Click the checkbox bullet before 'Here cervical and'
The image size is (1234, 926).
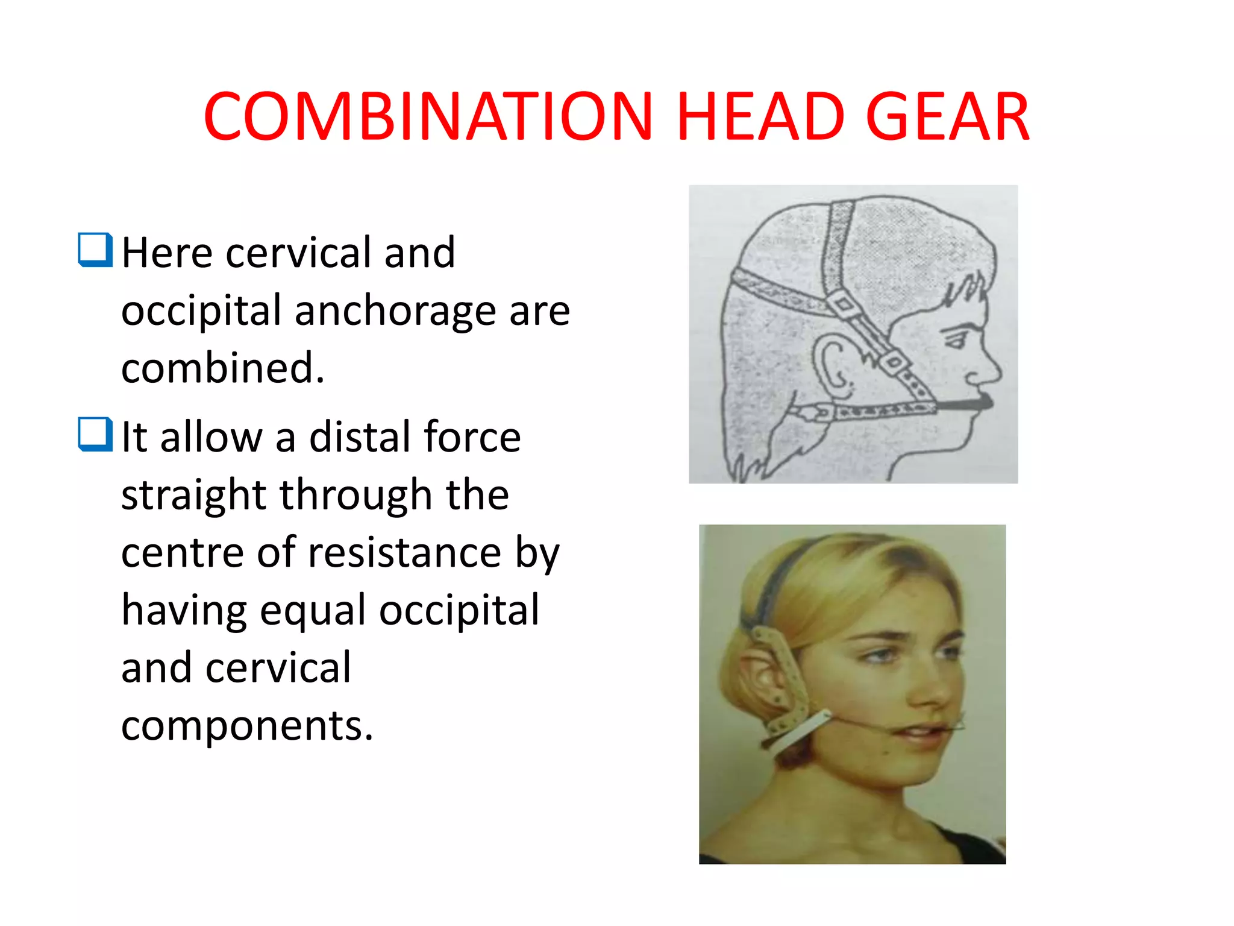pyautogui.click(x=95, y=250)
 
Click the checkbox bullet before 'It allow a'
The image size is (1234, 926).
pyautogui.click(x=95, y=434)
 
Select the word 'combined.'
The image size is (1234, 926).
pyautogui.click(x=223, y=368)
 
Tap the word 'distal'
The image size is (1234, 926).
pyautogui.click(x=359, y=436)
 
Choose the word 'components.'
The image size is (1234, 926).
pyautogui.click(x=247, y=725)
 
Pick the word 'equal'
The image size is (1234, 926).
pyautogui.click(x=313, y=610)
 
